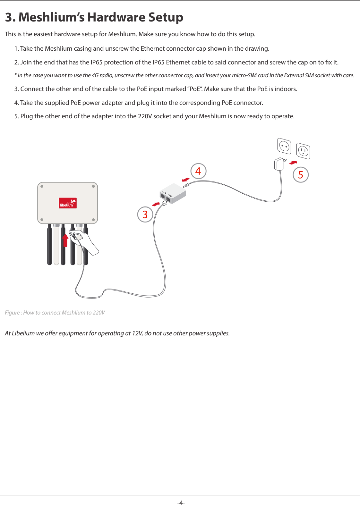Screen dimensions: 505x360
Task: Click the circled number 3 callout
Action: pyautogui.click(x=145, y=214)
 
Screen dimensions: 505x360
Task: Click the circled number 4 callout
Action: pyautogui.click(x=198, y=171)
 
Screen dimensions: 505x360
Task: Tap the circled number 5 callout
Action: pyautogui.click(x=301, y=175)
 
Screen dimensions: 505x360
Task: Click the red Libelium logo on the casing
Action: pyautogui.click(x=68, y=203)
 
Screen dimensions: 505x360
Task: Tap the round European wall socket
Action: pyautogui.click(x=284, y=147)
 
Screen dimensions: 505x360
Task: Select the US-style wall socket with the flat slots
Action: pyautogui.click(x=303, y=151)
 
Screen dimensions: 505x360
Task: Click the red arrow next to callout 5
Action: pyautogui.click(x=293, y=163)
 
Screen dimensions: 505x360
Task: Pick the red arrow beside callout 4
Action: pyautogui.click(x=185, y=179)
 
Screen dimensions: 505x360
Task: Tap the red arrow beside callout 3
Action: pyautogui.click(x=156, y=204)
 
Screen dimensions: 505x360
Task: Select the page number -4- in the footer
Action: pyautogui.click(x=181, y=502)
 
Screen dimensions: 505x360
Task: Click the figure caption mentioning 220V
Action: pyautogui.click(x=55, y=313)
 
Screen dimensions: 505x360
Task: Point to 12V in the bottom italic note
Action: pyautogui.click(x=137, y=333)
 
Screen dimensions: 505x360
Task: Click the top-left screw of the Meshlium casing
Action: pyautogui.click(x=42, y=186)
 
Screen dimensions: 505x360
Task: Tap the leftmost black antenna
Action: pyautogui.click(x=49, y=245)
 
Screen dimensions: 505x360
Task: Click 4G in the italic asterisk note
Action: pyautogui.click(x=95, y=75)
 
